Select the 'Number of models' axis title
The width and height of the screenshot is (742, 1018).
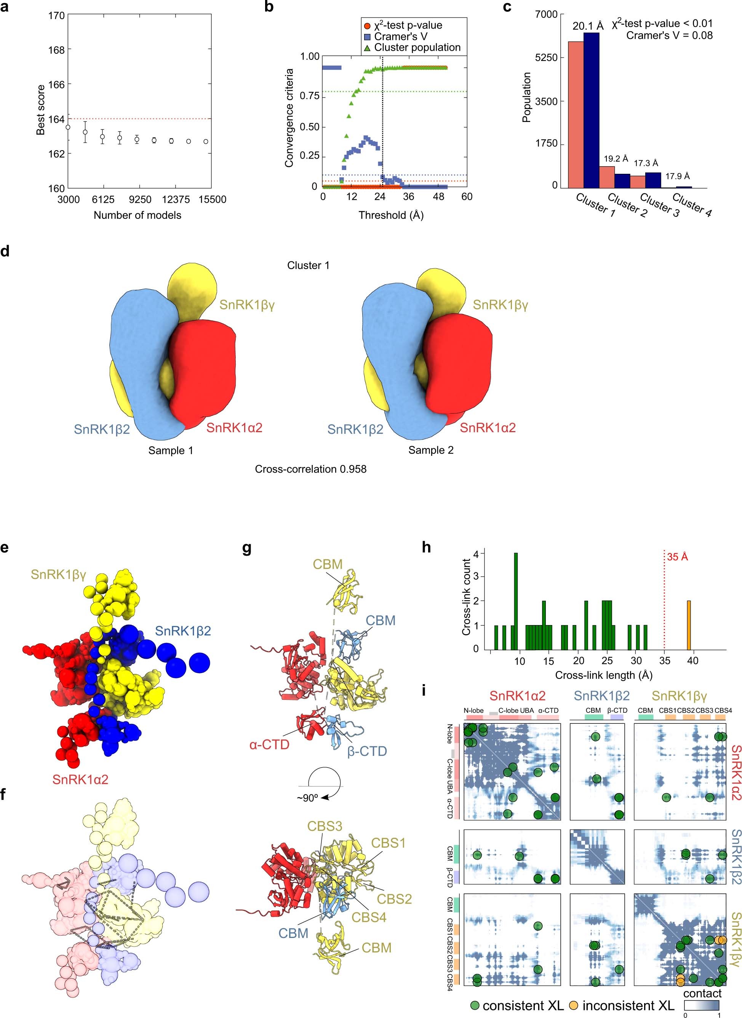[x=137, y=215]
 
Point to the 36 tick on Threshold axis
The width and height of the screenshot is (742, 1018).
[x=408, y=196]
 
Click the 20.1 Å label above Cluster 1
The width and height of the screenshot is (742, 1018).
[x=587, y=26]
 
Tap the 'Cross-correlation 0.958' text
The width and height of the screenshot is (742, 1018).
[x=310, y=469]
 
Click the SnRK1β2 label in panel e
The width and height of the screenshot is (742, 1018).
[x=183, y=631]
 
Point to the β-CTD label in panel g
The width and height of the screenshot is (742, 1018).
[x=367, y=752]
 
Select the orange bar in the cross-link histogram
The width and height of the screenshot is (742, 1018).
[x=689, y=625]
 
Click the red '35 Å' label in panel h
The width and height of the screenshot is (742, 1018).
[x=677, y=557]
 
